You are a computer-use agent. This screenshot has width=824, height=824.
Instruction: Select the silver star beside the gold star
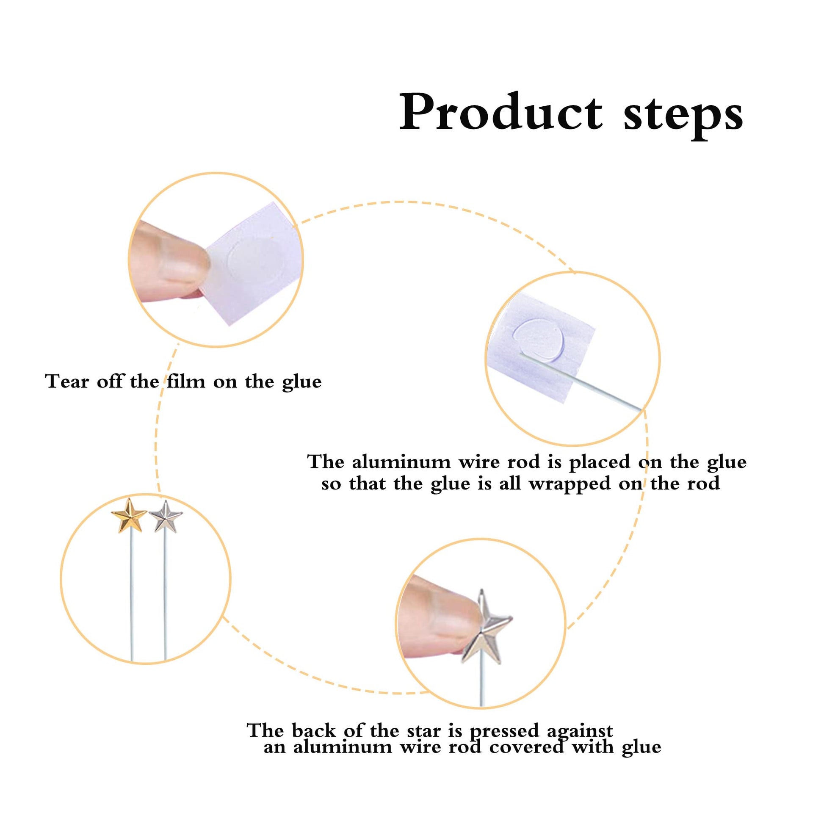point(166,517)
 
